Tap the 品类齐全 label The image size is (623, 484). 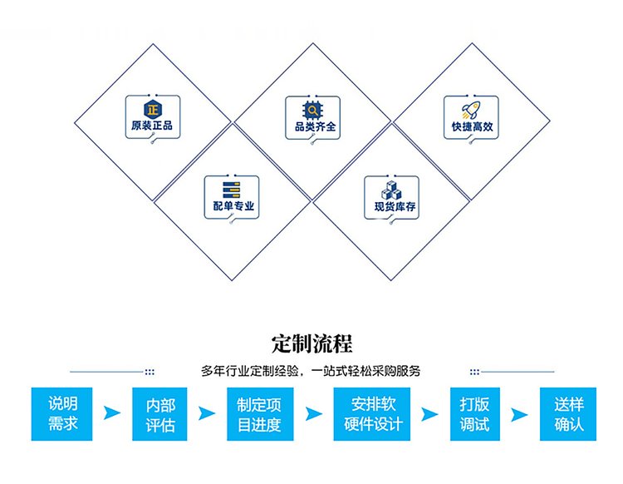[x=312, y=128]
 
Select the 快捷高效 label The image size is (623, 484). [x=471, y=128]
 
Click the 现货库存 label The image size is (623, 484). [x=393, y=207]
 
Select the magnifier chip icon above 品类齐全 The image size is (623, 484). [x=312, y=109]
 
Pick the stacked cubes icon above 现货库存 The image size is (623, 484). [x=393, y=188]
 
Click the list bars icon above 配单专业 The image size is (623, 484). [x=233, y=188]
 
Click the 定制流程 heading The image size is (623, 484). [x=311, y=343]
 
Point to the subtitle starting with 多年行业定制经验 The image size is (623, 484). [x=311, y=371]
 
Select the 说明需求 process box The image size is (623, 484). [x=63, y=414]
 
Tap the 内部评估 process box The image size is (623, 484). [x=160, y=414]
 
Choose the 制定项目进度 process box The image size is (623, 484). [x=259, y=414]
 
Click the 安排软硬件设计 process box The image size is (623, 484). [x=372, y=414]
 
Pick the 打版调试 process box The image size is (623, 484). [x=474, y=414]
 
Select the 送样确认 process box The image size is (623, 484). [x=568, y=414]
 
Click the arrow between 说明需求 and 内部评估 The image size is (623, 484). [x=111, y=413]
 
